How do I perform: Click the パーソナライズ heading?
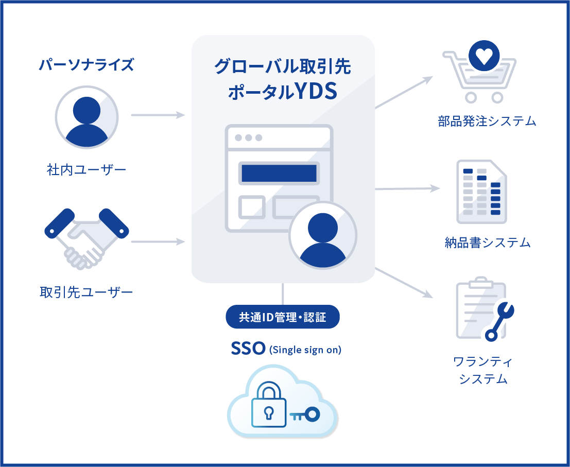[x=87, y=65]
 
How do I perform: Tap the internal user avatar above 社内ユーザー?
[x=87, y=117]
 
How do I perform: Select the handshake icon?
[x=86, y=237]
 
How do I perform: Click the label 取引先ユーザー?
[x=87, y=292]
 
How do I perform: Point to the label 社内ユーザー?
[x=87, y=169]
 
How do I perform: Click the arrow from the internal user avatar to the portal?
[x=158, y=115]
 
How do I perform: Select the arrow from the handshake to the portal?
[x=158, y=241]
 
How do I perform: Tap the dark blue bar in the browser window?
[x=279, y=173]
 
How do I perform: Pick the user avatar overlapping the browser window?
[x=323, y=235]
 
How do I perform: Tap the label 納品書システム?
[x=487, y=242]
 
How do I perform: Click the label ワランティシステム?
[x=483, y=370]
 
